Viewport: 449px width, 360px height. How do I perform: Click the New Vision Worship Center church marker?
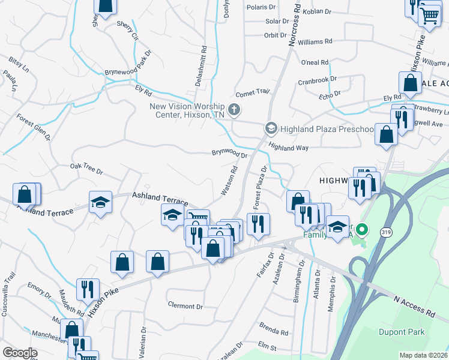click(235, 109)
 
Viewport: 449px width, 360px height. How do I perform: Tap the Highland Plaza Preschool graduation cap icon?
click(271, 128)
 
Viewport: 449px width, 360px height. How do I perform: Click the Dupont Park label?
click(402, 332)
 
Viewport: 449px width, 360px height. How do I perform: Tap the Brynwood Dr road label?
click(229, 154)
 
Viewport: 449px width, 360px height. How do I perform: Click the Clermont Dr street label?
click(185, 306)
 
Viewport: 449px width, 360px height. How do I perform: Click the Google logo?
click(19, 353)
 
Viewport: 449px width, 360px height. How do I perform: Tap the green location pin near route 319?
click(362, 230)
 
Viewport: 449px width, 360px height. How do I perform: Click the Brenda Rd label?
click(273, 331)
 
